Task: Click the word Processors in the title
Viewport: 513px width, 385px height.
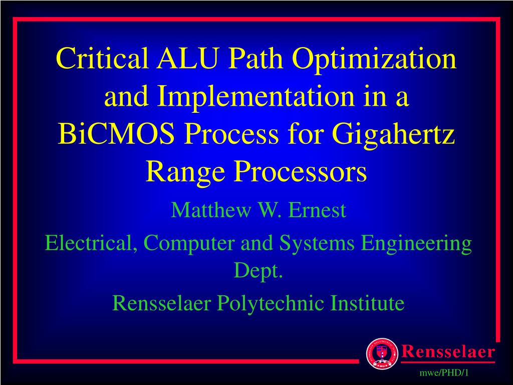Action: (x=300, y=171)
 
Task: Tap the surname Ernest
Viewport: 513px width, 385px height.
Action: (x=317, y=210)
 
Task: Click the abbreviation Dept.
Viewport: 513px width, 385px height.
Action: (x=258, y=272)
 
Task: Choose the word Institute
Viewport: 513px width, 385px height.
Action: (x=367, y=303)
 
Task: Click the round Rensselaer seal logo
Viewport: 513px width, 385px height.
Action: (x=382, y=353)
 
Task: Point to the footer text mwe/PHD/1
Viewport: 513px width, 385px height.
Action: (x=444, y=373)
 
